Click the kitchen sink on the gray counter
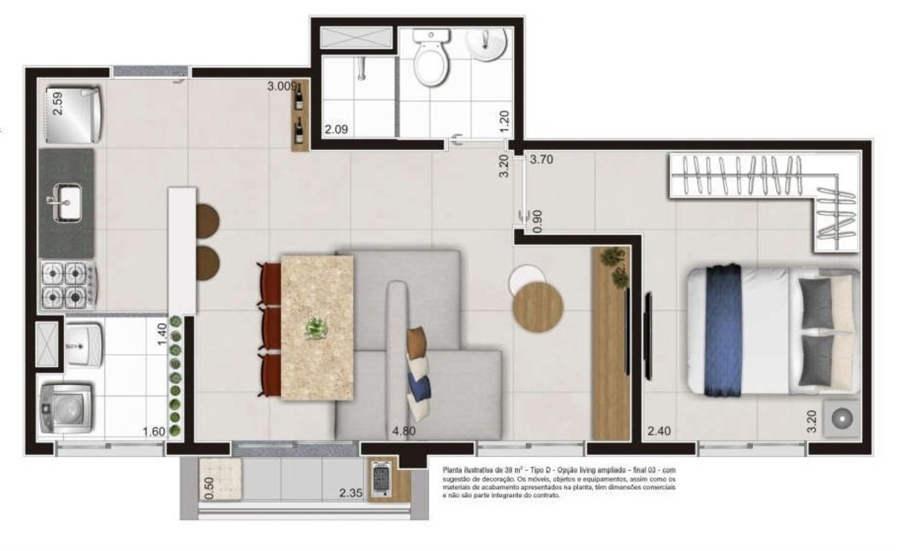pyautogui.click(x=68, y=202)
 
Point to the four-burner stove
pyautogui.click(x=67, y=286)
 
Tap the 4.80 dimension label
pyautogui.click(x=403, y=431)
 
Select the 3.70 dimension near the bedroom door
pyautogui.click(x=541, y=160)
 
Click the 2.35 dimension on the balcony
pyautogui.click(x=350, y=493)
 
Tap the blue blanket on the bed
pyautogui.click(x=723, y=330)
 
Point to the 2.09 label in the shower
pyautogui.click(x=336, y=130)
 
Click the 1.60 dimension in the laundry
pyautogui.click(x=154, y=432)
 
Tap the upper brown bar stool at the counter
pyautogui.click(x=207, y=221)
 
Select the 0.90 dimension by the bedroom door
pyautogui.click(x=537, y=221)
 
